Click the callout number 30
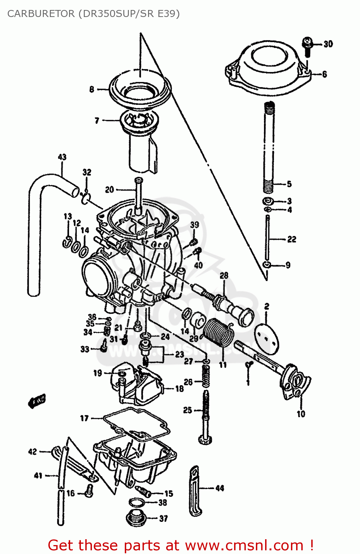click(x=328, y=44)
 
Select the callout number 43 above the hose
click(x=62, y=157)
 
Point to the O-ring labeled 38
click(x=137, y=503)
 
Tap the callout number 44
click(x=220, y=488)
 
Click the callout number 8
click(x=92, y=89)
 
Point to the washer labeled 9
click(x=267, y=265)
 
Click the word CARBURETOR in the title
click(x=41, y=14)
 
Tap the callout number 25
click(x=188, y=410)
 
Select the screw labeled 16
click(x=89, y=491)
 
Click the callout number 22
click(x=292, y=239)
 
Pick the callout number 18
click(x=179, y=389)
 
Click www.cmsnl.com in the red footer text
click(x=244, y=545)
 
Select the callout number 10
click(x=301, y=414)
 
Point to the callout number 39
click(x=195, y=225)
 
